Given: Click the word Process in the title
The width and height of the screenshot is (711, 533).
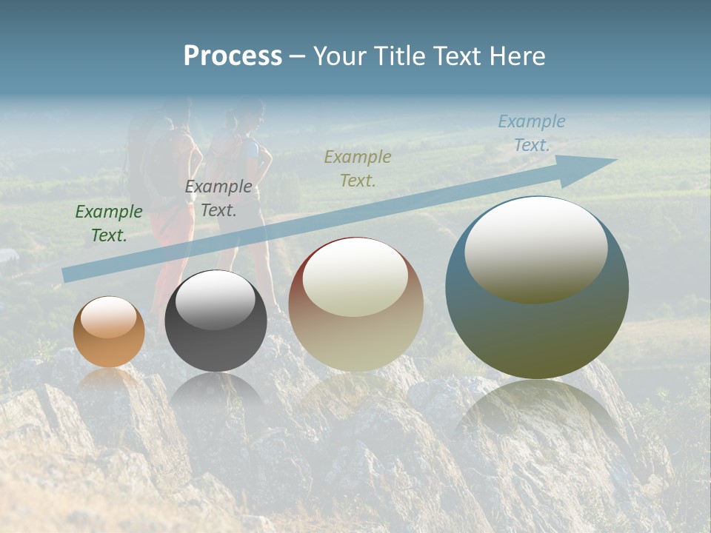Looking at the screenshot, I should [x=233, y=56].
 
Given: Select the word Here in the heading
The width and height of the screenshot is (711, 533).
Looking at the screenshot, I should [x=518, y=56].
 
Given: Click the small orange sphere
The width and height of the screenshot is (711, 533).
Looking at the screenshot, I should [x=109, y=332].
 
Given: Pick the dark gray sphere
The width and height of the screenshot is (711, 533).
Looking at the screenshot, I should [x=216, y=321].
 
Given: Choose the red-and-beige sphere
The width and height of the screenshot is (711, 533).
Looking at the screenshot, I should [x=355, y=304].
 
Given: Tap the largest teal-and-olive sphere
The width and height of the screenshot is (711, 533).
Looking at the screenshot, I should [x=537, y=287].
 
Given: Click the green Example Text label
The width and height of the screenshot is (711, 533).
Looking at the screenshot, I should [x=109, y=224].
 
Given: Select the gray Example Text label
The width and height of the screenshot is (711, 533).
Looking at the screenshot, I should [x=218, y=198].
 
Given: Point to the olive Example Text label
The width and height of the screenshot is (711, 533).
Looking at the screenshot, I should [x=358, y=168].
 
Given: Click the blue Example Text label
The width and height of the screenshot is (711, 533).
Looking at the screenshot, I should [x=532, y=133].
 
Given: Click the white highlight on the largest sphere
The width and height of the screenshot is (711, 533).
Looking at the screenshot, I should [x=535, y=248].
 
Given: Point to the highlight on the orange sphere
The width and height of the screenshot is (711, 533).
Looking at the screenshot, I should [x=108, y=317].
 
